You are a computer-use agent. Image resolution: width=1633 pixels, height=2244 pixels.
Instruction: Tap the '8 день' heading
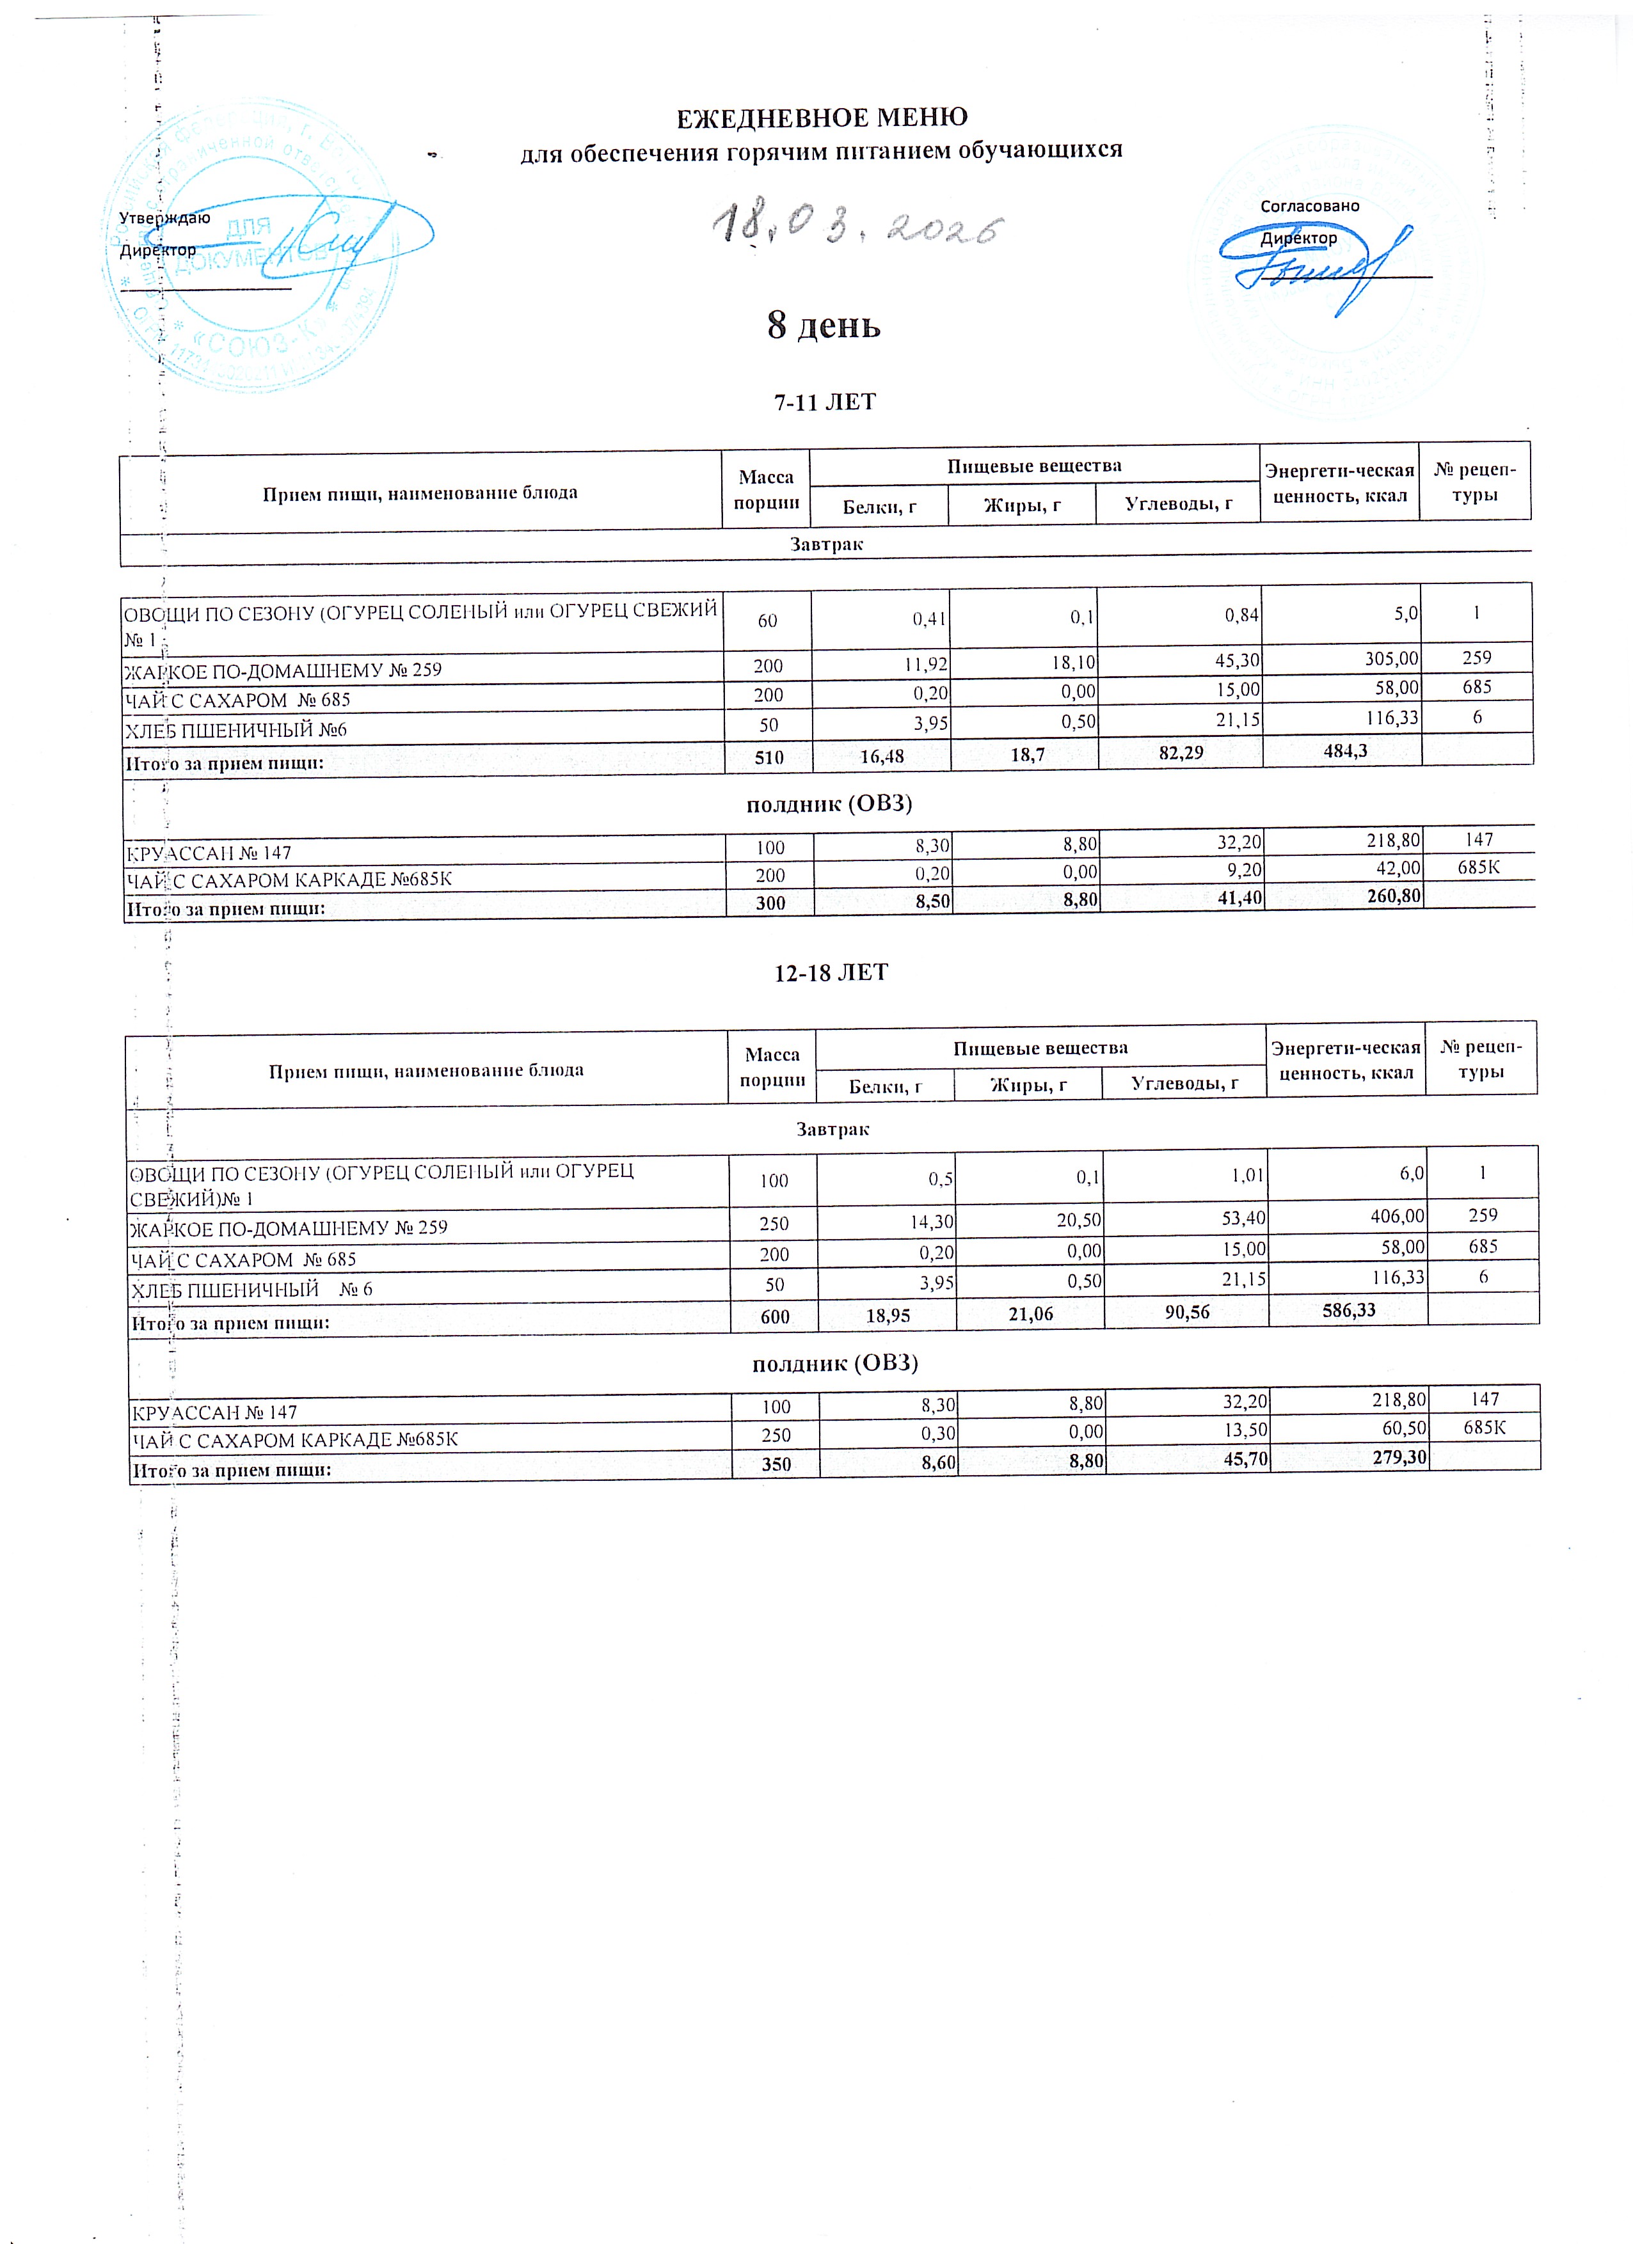[824, 324]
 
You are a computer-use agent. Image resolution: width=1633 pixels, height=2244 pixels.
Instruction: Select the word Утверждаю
[164, 217]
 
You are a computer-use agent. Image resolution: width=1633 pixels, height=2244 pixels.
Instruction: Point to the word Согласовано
[1309, 206]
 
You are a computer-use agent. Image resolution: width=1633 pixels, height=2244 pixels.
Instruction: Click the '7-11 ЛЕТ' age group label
[824, 402]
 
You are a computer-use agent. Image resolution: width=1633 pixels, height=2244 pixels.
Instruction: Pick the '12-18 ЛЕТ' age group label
[831, 972]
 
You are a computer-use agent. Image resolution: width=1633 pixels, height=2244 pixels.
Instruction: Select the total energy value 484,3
[1345, 751]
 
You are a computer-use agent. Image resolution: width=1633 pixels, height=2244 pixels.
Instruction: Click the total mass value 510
[769, 758]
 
